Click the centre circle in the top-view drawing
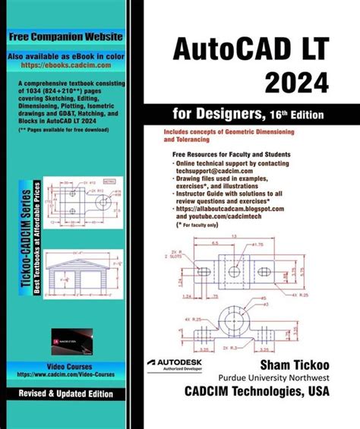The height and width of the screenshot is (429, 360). pos(235,271)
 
